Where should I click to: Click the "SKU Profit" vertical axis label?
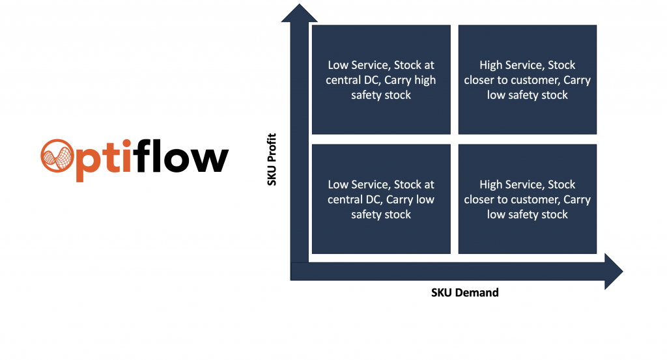(272, 159)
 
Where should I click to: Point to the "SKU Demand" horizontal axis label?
(464, 292)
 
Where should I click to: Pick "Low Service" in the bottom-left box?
(358, 185)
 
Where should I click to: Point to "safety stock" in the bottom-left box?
(381, 215)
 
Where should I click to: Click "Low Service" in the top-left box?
(358, 65)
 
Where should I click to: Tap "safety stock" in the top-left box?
(381, 95)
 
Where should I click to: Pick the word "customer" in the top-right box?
(539, 80)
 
